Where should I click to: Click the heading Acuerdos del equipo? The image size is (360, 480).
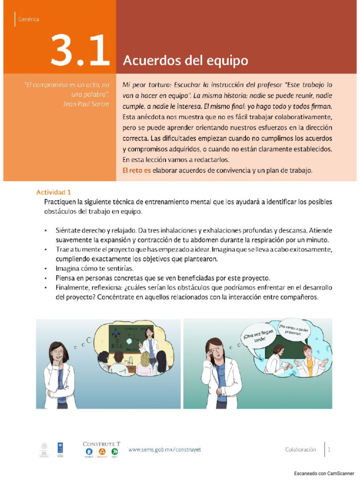pos(185,60)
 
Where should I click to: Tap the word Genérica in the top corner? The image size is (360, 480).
pos(29,19)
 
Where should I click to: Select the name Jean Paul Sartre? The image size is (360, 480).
pos(86,104)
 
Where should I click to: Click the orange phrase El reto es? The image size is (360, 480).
pos(136,171)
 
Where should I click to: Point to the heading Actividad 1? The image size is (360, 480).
pos(54,192)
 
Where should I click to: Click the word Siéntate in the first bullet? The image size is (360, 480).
pos(69,231)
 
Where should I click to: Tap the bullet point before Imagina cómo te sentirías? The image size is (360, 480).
pos(45,269)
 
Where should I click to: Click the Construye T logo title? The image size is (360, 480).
pos(102,443)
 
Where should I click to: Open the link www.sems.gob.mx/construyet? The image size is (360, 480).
pos(165,449)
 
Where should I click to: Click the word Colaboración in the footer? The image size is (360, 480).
pos(300,449)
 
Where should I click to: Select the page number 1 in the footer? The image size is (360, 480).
pos(329,449)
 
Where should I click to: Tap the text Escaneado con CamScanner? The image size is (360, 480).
pos(324,473)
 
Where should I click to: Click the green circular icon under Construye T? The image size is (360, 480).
pos(115,451)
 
